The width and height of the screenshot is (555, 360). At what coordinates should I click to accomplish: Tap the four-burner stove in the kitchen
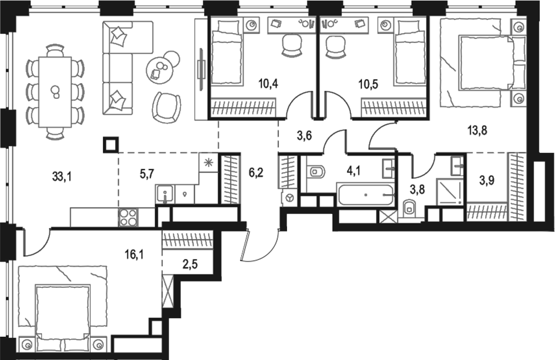pos(128,218)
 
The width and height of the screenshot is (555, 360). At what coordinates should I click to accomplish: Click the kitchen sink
pos(164,194)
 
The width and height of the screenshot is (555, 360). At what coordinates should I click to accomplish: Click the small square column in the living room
pos(110,143)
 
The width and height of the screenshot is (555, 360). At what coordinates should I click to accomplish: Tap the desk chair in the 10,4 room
pos(291,45)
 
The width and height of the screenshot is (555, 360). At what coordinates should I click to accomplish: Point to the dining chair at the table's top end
pos(55,51)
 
